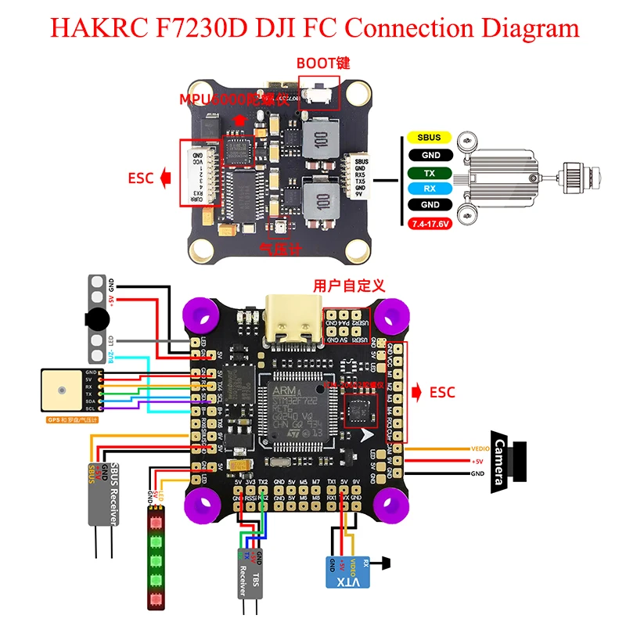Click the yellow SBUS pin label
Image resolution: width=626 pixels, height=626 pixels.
pos(429,138)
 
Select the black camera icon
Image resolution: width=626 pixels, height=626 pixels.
pos(509,461)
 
